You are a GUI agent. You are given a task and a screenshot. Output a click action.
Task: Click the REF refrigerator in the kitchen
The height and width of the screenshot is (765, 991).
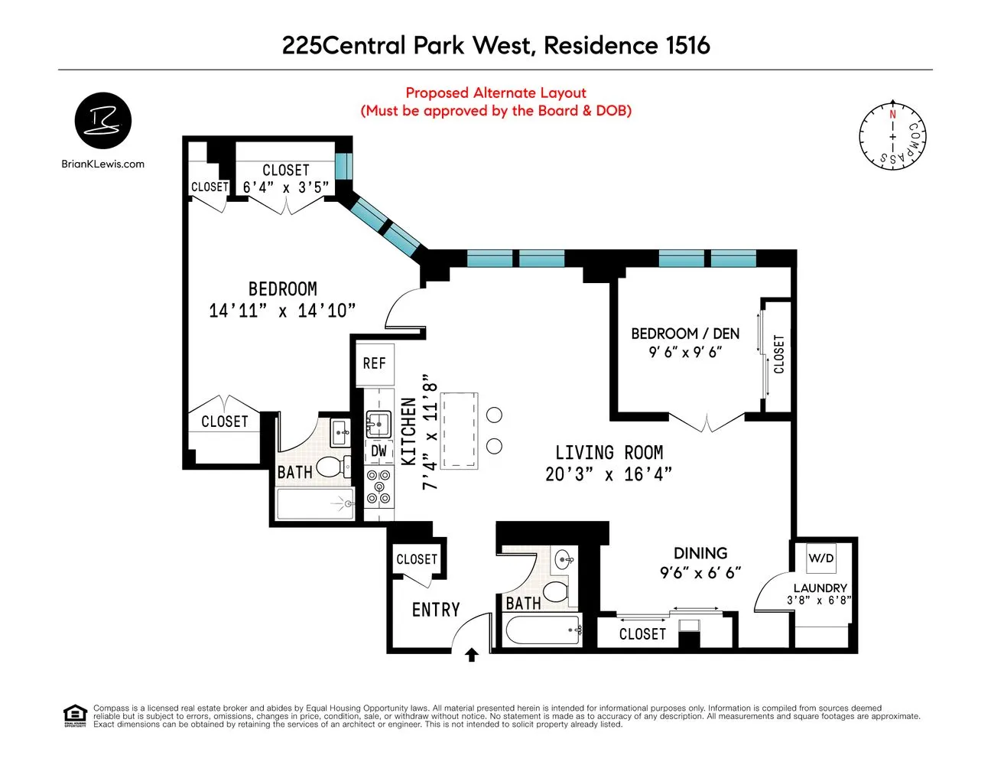pos(374,363)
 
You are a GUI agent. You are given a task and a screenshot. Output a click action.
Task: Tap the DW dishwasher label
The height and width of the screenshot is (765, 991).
pos(379,451)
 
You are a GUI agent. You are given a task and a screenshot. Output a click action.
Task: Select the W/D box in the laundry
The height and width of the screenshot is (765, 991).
pos(821,558)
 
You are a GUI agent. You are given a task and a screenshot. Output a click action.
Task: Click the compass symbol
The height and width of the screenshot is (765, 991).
pos(892,135)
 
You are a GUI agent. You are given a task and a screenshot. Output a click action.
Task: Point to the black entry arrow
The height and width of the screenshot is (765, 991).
pos(472,655)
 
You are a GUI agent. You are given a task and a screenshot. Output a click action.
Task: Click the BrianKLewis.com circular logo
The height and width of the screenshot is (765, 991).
pos(103,122)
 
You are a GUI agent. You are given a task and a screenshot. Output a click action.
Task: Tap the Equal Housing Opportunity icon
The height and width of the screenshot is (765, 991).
pos(75,716)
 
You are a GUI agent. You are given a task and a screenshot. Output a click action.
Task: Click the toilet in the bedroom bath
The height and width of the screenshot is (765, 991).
pos(332,466)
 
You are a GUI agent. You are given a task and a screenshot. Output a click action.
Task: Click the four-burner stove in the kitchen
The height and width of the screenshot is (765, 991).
pos(379,487)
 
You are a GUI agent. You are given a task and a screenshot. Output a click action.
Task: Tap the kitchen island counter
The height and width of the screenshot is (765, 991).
pos(459,430)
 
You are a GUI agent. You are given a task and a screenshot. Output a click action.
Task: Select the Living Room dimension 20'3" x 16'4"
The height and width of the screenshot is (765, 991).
pos(609,474)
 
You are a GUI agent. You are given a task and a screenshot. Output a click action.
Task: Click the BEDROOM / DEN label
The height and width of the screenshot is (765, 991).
pos(685,334)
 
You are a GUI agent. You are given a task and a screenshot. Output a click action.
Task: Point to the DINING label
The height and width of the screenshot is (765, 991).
pos(700,553)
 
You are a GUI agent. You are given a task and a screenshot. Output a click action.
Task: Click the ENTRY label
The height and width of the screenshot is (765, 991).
pos(436,610)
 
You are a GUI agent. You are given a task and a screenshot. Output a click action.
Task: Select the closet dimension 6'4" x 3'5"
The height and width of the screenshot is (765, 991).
pos(286,187)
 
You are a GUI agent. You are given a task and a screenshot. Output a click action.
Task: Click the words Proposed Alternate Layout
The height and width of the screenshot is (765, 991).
pos(495,93)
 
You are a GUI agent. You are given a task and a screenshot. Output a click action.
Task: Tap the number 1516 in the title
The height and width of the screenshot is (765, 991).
pos(687,45)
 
